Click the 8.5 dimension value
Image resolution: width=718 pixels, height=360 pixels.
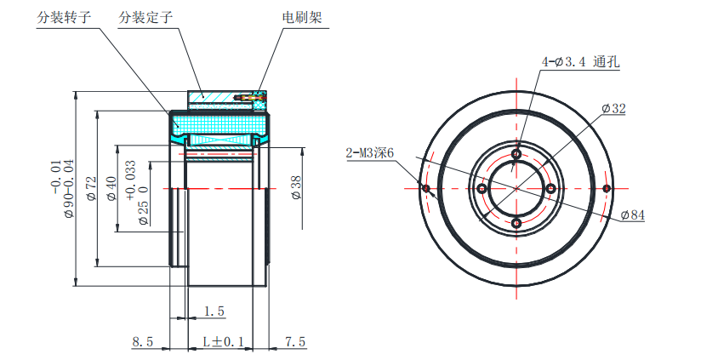tap(142, 342)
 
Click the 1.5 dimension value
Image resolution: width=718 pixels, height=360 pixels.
tap(214, 312)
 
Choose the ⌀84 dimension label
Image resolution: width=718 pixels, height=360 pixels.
tap(632, 215)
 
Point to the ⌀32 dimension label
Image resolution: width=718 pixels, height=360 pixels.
tap(613, 109)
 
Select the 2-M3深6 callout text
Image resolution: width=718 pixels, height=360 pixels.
tap(370, 153)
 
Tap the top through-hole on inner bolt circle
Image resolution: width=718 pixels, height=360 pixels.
tap(516, 154)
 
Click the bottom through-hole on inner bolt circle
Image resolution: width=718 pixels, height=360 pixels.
tap(516, 222)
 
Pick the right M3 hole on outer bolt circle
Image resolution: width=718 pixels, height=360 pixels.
tap(607, 188)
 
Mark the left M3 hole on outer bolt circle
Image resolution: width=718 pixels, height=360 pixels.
tap(426, 188)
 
